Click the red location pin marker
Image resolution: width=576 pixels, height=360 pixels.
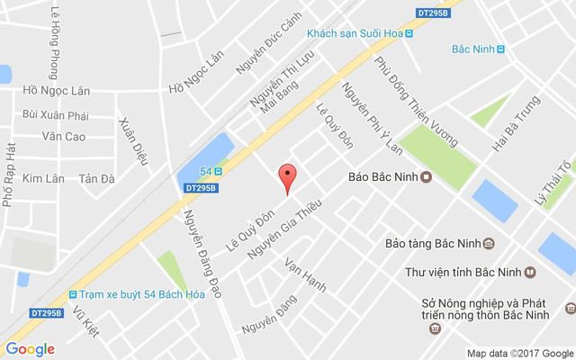(287, 176)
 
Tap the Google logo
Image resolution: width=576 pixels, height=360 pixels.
(30, 349)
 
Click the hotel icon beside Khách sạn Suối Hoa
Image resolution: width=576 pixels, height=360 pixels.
(409, 33)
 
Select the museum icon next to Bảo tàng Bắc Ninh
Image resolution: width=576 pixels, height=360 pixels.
(489, 243)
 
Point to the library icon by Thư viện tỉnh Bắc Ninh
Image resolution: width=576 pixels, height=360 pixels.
(531, 272)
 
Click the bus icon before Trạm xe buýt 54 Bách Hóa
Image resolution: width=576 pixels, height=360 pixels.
(72, 294)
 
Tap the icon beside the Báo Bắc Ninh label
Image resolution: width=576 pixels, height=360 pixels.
(426, 176)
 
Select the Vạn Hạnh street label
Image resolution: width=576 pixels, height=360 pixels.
(305, 275)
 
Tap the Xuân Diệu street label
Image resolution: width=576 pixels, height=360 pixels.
(132, 141)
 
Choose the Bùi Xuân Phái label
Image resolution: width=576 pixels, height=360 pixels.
(56, 115)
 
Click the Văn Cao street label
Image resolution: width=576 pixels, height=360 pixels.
(63, 137)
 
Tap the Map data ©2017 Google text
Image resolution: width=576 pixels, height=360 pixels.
(518, 353)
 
